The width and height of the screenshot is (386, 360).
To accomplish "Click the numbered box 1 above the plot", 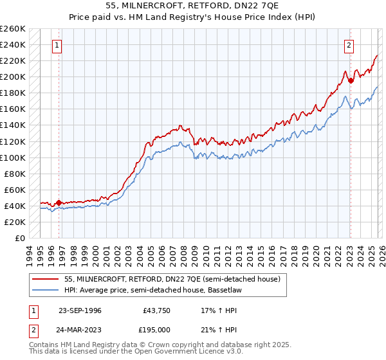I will tap(58, 45).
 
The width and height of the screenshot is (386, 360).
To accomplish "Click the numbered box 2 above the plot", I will tap(349, 45).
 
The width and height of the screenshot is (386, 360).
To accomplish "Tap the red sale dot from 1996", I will tap(59, 203).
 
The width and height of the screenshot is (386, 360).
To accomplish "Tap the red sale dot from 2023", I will tap(351, 81).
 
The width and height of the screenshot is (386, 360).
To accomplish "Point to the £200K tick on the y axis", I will tap(13, 77).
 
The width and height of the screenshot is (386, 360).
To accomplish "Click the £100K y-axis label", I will tap(13, 157).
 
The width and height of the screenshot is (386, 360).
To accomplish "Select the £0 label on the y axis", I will tap(19, 238).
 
